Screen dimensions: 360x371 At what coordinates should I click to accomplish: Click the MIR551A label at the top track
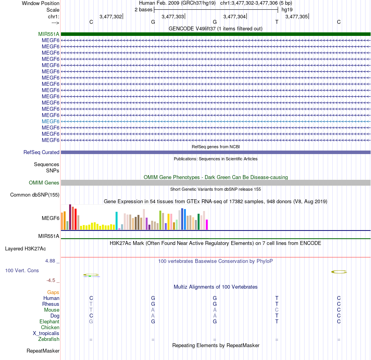pyautogui.click(x=49, y=34)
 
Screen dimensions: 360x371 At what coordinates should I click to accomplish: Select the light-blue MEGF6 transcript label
pyautogui.click(x=50, y=121)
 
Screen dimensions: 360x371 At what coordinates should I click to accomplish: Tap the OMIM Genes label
pyautogui.click(x=44, y=183)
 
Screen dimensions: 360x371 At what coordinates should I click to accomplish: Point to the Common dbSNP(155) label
pyautogui.click(x=35, y=195)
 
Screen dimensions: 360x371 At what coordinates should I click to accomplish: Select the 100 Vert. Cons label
pyautogui.click(x=22, y=270)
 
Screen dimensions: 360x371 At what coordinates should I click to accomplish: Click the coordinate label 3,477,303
pyautogui.click(x=173, y=17)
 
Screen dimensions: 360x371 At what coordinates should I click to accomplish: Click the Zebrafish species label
pyautogui.click(x=49, y=339)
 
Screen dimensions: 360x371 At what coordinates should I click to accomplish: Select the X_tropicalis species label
pyautogui.click(x=46, y=333)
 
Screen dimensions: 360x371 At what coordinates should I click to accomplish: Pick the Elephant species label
pyautogui.click(x=49, y=321)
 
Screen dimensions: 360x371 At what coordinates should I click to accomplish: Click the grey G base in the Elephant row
pyautogui.click(x=91, y=321)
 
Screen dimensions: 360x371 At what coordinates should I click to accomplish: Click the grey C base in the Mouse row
pyautogui.click(x=276, y=310)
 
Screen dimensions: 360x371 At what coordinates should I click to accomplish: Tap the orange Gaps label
pyautogui.click(x=53, y=292)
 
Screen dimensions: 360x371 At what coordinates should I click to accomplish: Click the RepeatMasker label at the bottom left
pyautogui.click(x=43, y=351)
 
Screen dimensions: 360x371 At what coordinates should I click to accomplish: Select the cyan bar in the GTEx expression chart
pyautogui.click(x=117, y=221)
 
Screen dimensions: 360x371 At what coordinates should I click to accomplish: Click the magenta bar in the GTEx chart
pyautogui.click(x=207, y=225)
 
